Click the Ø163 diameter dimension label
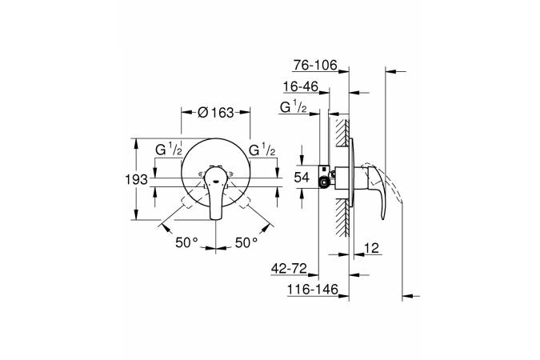(215, 112)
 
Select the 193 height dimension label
(136, 179)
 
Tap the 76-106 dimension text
(315, 65)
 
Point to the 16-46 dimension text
(301, 86)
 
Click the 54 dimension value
(302, 178)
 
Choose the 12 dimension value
(371, 248)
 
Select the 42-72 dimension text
(289, 268)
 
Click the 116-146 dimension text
(313, 290)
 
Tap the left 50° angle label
(186, 242)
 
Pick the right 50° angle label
(246, 242)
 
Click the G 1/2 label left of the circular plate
(169, 150)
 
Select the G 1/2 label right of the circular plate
(262, 150)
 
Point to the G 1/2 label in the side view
(294, 107)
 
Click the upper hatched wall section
(342, 133)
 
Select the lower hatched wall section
(342, 218)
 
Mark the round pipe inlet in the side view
(324, 183)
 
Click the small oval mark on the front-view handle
(216, 182)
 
